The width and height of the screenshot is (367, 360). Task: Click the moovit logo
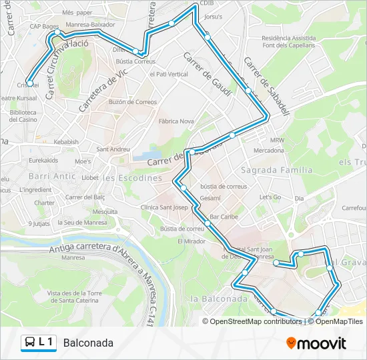click(316, 343)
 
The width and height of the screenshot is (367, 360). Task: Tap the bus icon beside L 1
click(29, 343)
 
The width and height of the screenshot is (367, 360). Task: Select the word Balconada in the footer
click(89, 343)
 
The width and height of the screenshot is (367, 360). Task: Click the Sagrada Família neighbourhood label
click(278, 170)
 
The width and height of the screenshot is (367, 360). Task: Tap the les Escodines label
click(133, 178)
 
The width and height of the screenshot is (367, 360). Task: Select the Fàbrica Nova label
click(176, 121)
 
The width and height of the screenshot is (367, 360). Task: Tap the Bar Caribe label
click(224, 217)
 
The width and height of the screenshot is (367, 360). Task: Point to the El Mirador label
click(192, 241)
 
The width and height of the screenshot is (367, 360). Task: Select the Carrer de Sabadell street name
click(266, 86)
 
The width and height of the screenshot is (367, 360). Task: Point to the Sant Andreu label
click(113, 149)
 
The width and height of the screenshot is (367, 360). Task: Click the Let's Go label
click(270, 197)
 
